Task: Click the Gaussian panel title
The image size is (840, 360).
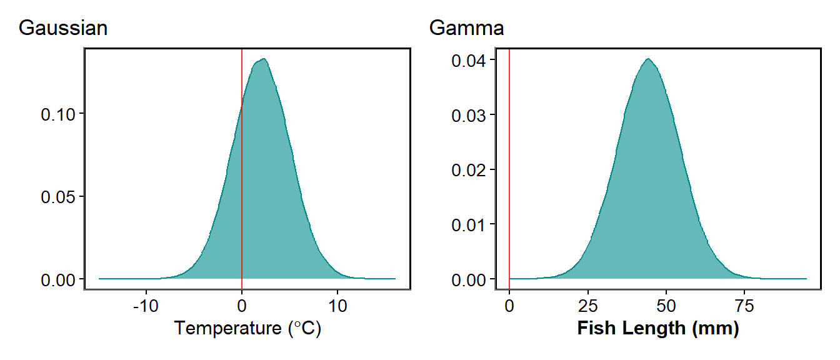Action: [63, 28]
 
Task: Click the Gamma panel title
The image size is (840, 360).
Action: [466, 28]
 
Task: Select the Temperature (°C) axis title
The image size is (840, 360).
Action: [247, 328]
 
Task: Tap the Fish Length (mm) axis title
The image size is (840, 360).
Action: [657, 328]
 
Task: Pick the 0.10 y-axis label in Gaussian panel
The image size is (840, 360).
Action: [58, 114]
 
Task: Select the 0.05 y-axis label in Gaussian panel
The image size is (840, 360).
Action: [58, 196]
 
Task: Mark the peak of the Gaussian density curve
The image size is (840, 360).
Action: [264, 59]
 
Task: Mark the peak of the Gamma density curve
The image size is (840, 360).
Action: [649, 59]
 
